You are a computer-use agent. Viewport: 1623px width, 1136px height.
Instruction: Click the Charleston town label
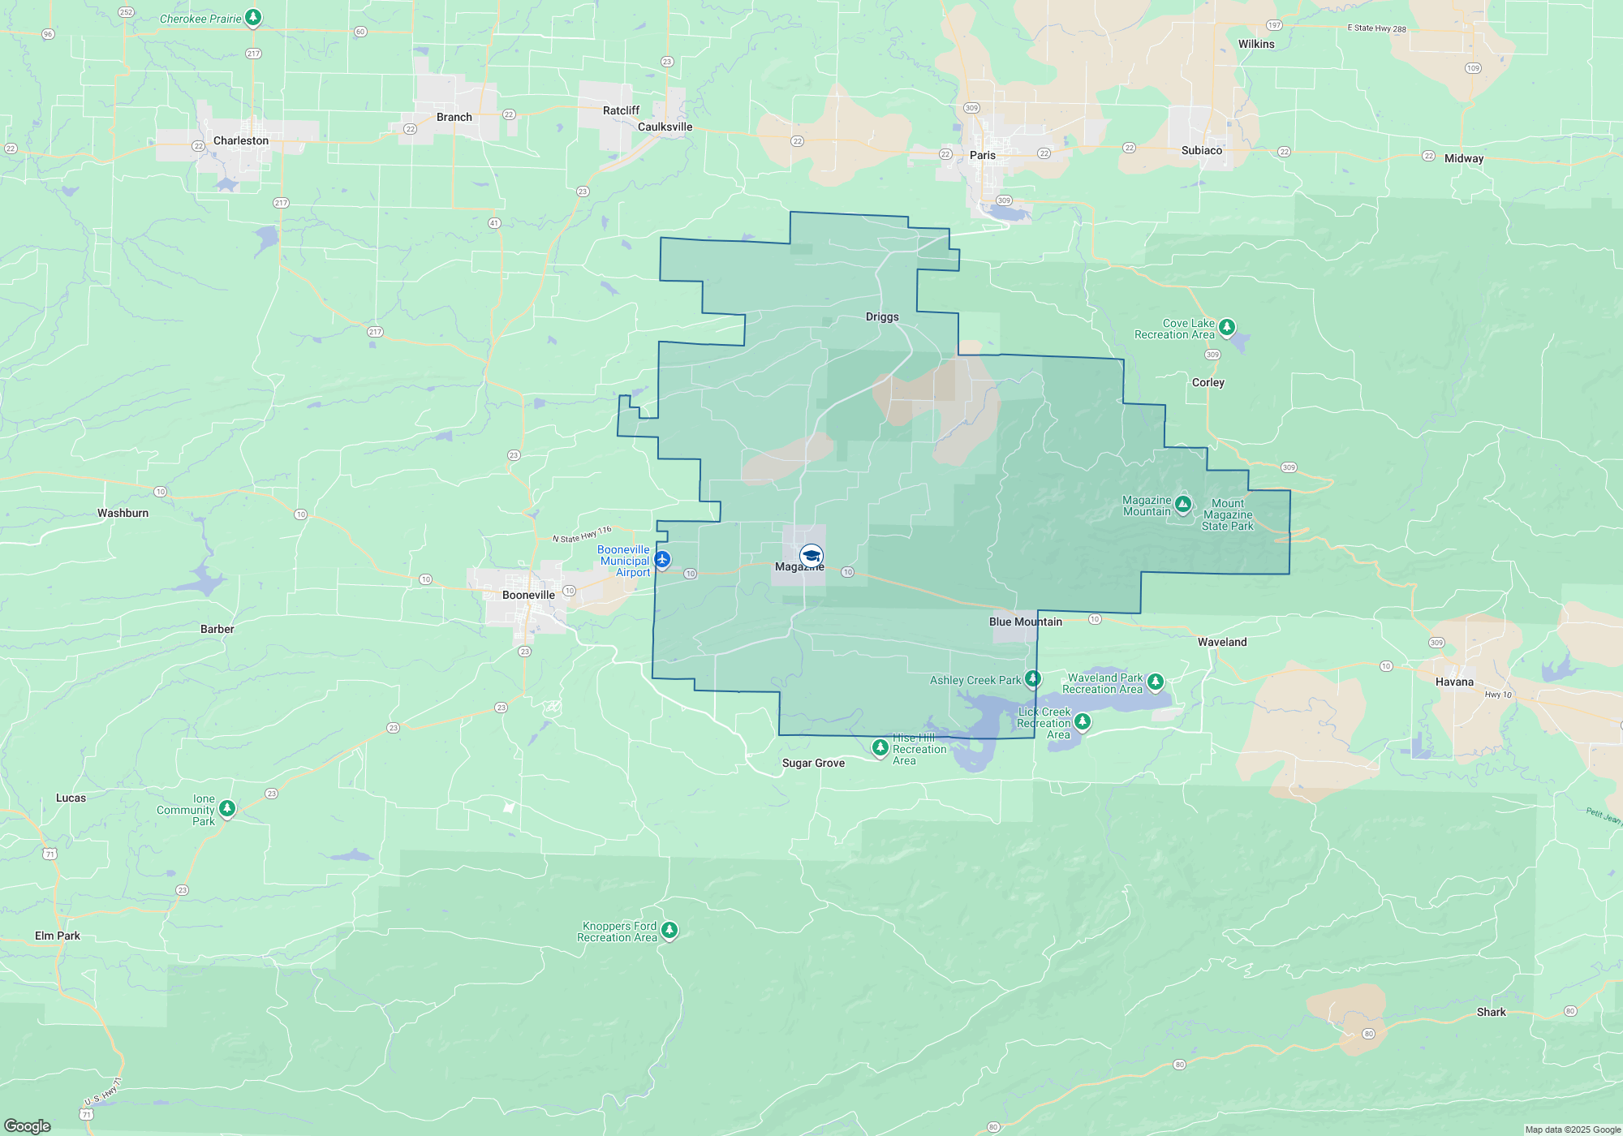click(240, 140)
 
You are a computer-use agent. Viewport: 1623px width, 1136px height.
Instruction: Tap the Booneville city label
click(528, 595)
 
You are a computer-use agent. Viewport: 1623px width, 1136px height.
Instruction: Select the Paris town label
click(982, 155)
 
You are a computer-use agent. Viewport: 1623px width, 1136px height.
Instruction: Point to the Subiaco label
click(1201, 150)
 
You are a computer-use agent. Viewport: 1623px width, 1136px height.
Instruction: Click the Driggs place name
click(882, 316)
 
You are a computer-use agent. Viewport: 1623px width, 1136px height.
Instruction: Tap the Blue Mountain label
click(1025, 622)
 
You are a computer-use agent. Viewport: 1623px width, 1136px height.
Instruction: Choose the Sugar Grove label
click(813, 763)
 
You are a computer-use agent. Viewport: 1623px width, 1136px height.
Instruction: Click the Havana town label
click(1454, 682)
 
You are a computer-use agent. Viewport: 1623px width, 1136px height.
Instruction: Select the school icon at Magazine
click(811, 555)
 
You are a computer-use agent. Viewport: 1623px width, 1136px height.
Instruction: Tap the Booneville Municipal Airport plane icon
click(662, 559)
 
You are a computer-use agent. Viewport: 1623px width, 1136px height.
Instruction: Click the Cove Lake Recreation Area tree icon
click(1227, 326)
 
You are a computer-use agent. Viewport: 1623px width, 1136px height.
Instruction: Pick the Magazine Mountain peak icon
click(1183, 505)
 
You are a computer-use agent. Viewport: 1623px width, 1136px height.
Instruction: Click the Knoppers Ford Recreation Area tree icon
click(669, 929)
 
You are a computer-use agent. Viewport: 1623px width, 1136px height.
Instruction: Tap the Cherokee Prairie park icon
click(253, 16)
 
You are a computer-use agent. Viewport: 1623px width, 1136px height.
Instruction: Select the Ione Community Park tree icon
click(227, 807)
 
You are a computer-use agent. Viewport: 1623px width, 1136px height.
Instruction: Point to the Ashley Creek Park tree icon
click(1032, 678)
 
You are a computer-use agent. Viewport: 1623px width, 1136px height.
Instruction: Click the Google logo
click(28, 1125)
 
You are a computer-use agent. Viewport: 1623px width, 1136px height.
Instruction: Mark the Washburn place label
click(123, 513)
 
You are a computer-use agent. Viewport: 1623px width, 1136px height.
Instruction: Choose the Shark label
click(1491, 1012)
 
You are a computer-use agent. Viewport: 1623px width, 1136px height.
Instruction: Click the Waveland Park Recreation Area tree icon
click(1156, 682)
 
